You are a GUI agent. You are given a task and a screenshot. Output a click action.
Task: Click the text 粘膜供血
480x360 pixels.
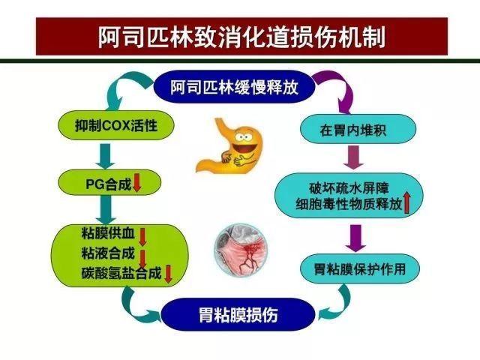[x=105, y=232]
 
